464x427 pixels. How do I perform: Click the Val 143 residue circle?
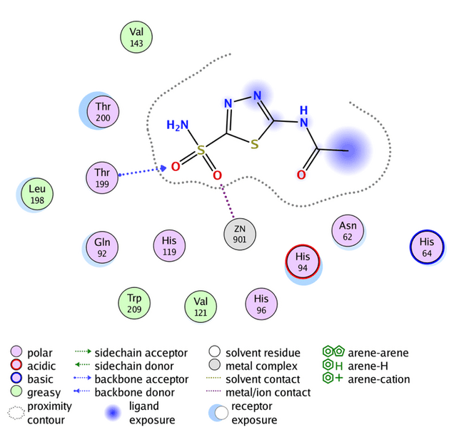point(136,37)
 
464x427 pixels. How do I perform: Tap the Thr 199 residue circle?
point(103,178)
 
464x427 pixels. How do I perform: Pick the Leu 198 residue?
point(36,195)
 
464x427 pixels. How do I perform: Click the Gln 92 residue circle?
point(102,247)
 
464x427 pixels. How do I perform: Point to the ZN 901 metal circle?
point(240,235)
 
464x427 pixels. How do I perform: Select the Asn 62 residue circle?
point(348,232)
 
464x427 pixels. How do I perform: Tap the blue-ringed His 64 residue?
point(427,247)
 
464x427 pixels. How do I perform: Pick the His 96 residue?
point(261,304)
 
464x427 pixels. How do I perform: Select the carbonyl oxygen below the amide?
point(301,174)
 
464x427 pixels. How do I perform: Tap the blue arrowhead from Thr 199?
point(163,168)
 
